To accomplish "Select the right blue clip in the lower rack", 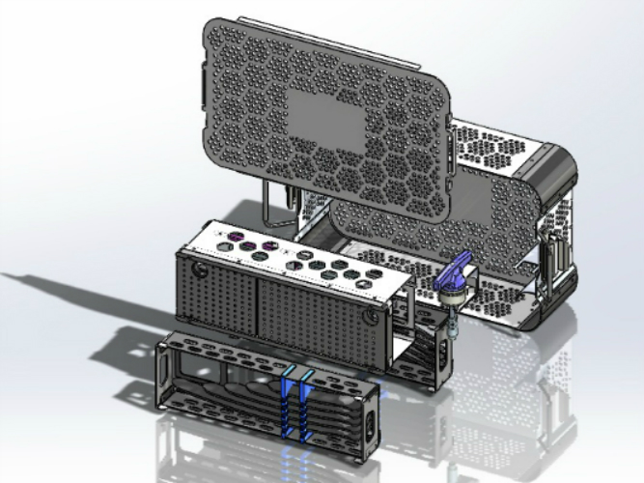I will [306, 406].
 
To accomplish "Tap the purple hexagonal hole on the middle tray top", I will [249, 247].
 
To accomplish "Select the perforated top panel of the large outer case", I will [492, 145].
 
